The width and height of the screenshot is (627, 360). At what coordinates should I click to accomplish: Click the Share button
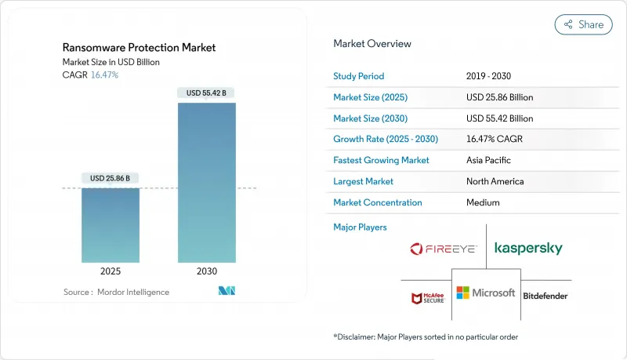point(583,24)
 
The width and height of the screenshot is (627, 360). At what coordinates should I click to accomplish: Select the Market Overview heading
point(372,44)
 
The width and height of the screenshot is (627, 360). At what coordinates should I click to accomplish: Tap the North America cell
point(495,181)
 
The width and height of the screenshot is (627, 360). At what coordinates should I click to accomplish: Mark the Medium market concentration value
point(484,202)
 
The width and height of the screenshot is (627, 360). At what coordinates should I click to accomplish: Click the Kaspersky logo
point(528,249)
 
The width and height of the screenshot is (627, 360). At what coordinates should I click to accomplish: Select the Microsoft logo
point(486,293)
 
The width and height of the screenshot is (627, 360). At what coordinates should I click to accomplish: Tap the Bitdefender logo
point(545,296)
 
